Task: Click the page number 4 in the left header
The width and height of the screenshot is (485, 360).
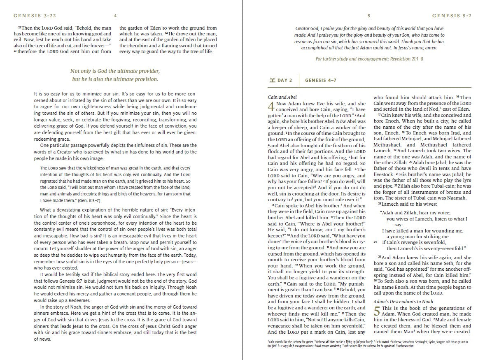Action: point(116,16)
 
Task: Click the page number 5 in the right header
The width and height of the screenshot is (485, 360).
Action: point(369,16)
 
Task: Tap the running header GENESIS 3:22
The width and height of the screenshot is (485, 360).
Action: point(30,16)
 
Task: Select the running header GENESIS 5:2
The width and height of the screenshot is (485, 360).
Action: point(452,16)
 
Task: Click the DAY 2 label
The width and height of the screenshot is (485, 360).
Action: point(284,80)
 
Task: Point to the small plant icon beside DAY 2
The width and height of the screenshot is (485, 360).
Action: point(272,80)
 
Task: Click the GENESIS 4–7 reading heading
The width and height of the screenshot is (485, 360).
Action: point(321,80)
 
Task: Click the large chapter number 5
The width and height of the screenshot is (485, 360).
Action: point(377,311)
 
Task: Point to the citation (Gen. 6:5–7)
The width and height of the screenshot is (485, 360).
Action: point(87,200)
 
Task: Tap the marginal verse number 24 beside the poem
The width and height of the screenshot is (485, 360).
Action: point(375,242)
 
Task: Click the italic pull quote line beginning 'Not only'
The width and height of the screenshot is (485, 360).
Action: point(115,71)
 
